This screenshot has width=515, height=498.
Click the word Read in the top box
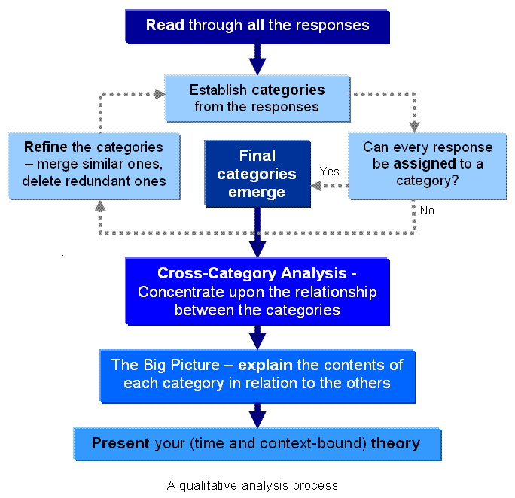pos(164,25)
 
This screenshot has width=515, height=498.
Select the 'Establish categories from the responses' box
pos(257,98)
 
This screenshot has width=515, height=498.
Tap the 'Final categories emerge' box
pos(257,174)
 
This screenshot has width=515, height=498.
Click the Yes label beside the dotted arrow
pos(329,172)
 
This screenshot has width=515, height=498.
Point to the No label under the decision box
pos(427,211)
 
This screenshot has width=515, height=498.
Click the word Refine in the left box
pos(45,147)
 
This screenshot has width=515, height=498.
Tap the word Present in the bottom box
pos(120,443)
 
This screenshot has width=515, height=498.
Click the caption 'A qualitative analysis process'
pos(252,485)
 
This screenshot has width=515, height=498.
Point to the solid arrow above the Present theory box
pos(257,415)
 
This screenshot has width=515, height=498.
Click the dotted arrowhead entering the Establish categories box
pos(159,94)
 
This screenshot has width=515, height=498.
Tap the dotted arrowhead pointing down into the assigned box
pos(413,126)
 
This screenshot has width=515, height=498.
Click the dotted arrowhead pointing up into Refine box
pos(99,205)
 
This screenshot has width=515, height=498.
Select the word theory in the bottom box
pos(395,443)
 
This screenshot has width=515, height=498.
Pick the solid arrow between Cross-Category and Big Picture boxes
pos(257,336)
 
